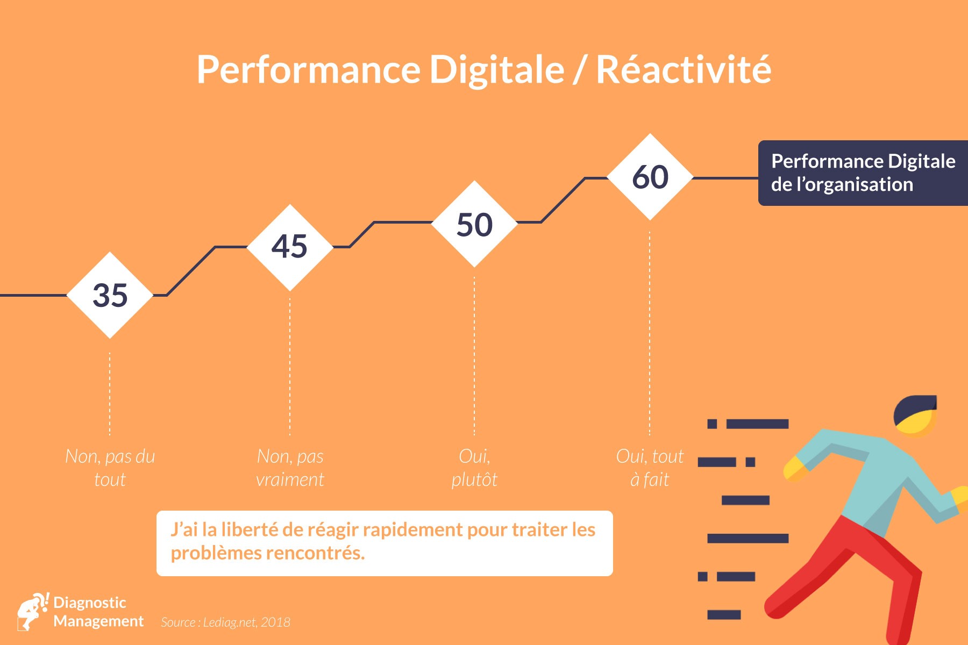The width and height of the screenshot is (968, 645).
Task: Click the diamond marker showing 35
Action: click(110, 295)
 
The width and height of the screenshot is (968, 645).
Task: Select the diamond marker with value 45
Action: click(290, 247)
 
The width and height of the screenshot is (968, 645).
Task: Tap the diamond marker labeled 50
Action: click(474, 224)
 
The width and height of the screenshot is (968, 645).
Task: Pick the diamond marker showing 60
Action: click(650, 177)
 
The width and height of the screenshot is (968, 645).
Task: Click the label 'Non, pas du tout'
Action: click(110, 468)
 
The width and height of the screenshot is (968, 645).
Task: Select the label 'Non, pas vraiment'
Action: click(290, 468)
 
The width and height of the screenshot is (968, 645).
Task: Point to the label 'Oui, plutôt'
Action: click(474, 468)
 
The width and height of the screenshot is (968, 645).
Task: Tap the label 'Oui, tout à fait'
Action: click(650, 468)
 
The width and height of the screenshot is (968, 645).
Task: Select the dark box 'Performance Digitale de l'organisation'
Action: click(863, 173)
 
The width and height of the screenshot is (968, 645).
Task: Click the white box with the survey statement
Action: click(385, 543)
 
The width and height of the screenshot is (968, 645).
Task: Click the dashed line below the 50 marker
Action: click(474, 356)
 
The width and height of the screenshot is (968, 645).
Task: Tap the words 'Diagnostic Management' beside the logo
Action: click(98, 612)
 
